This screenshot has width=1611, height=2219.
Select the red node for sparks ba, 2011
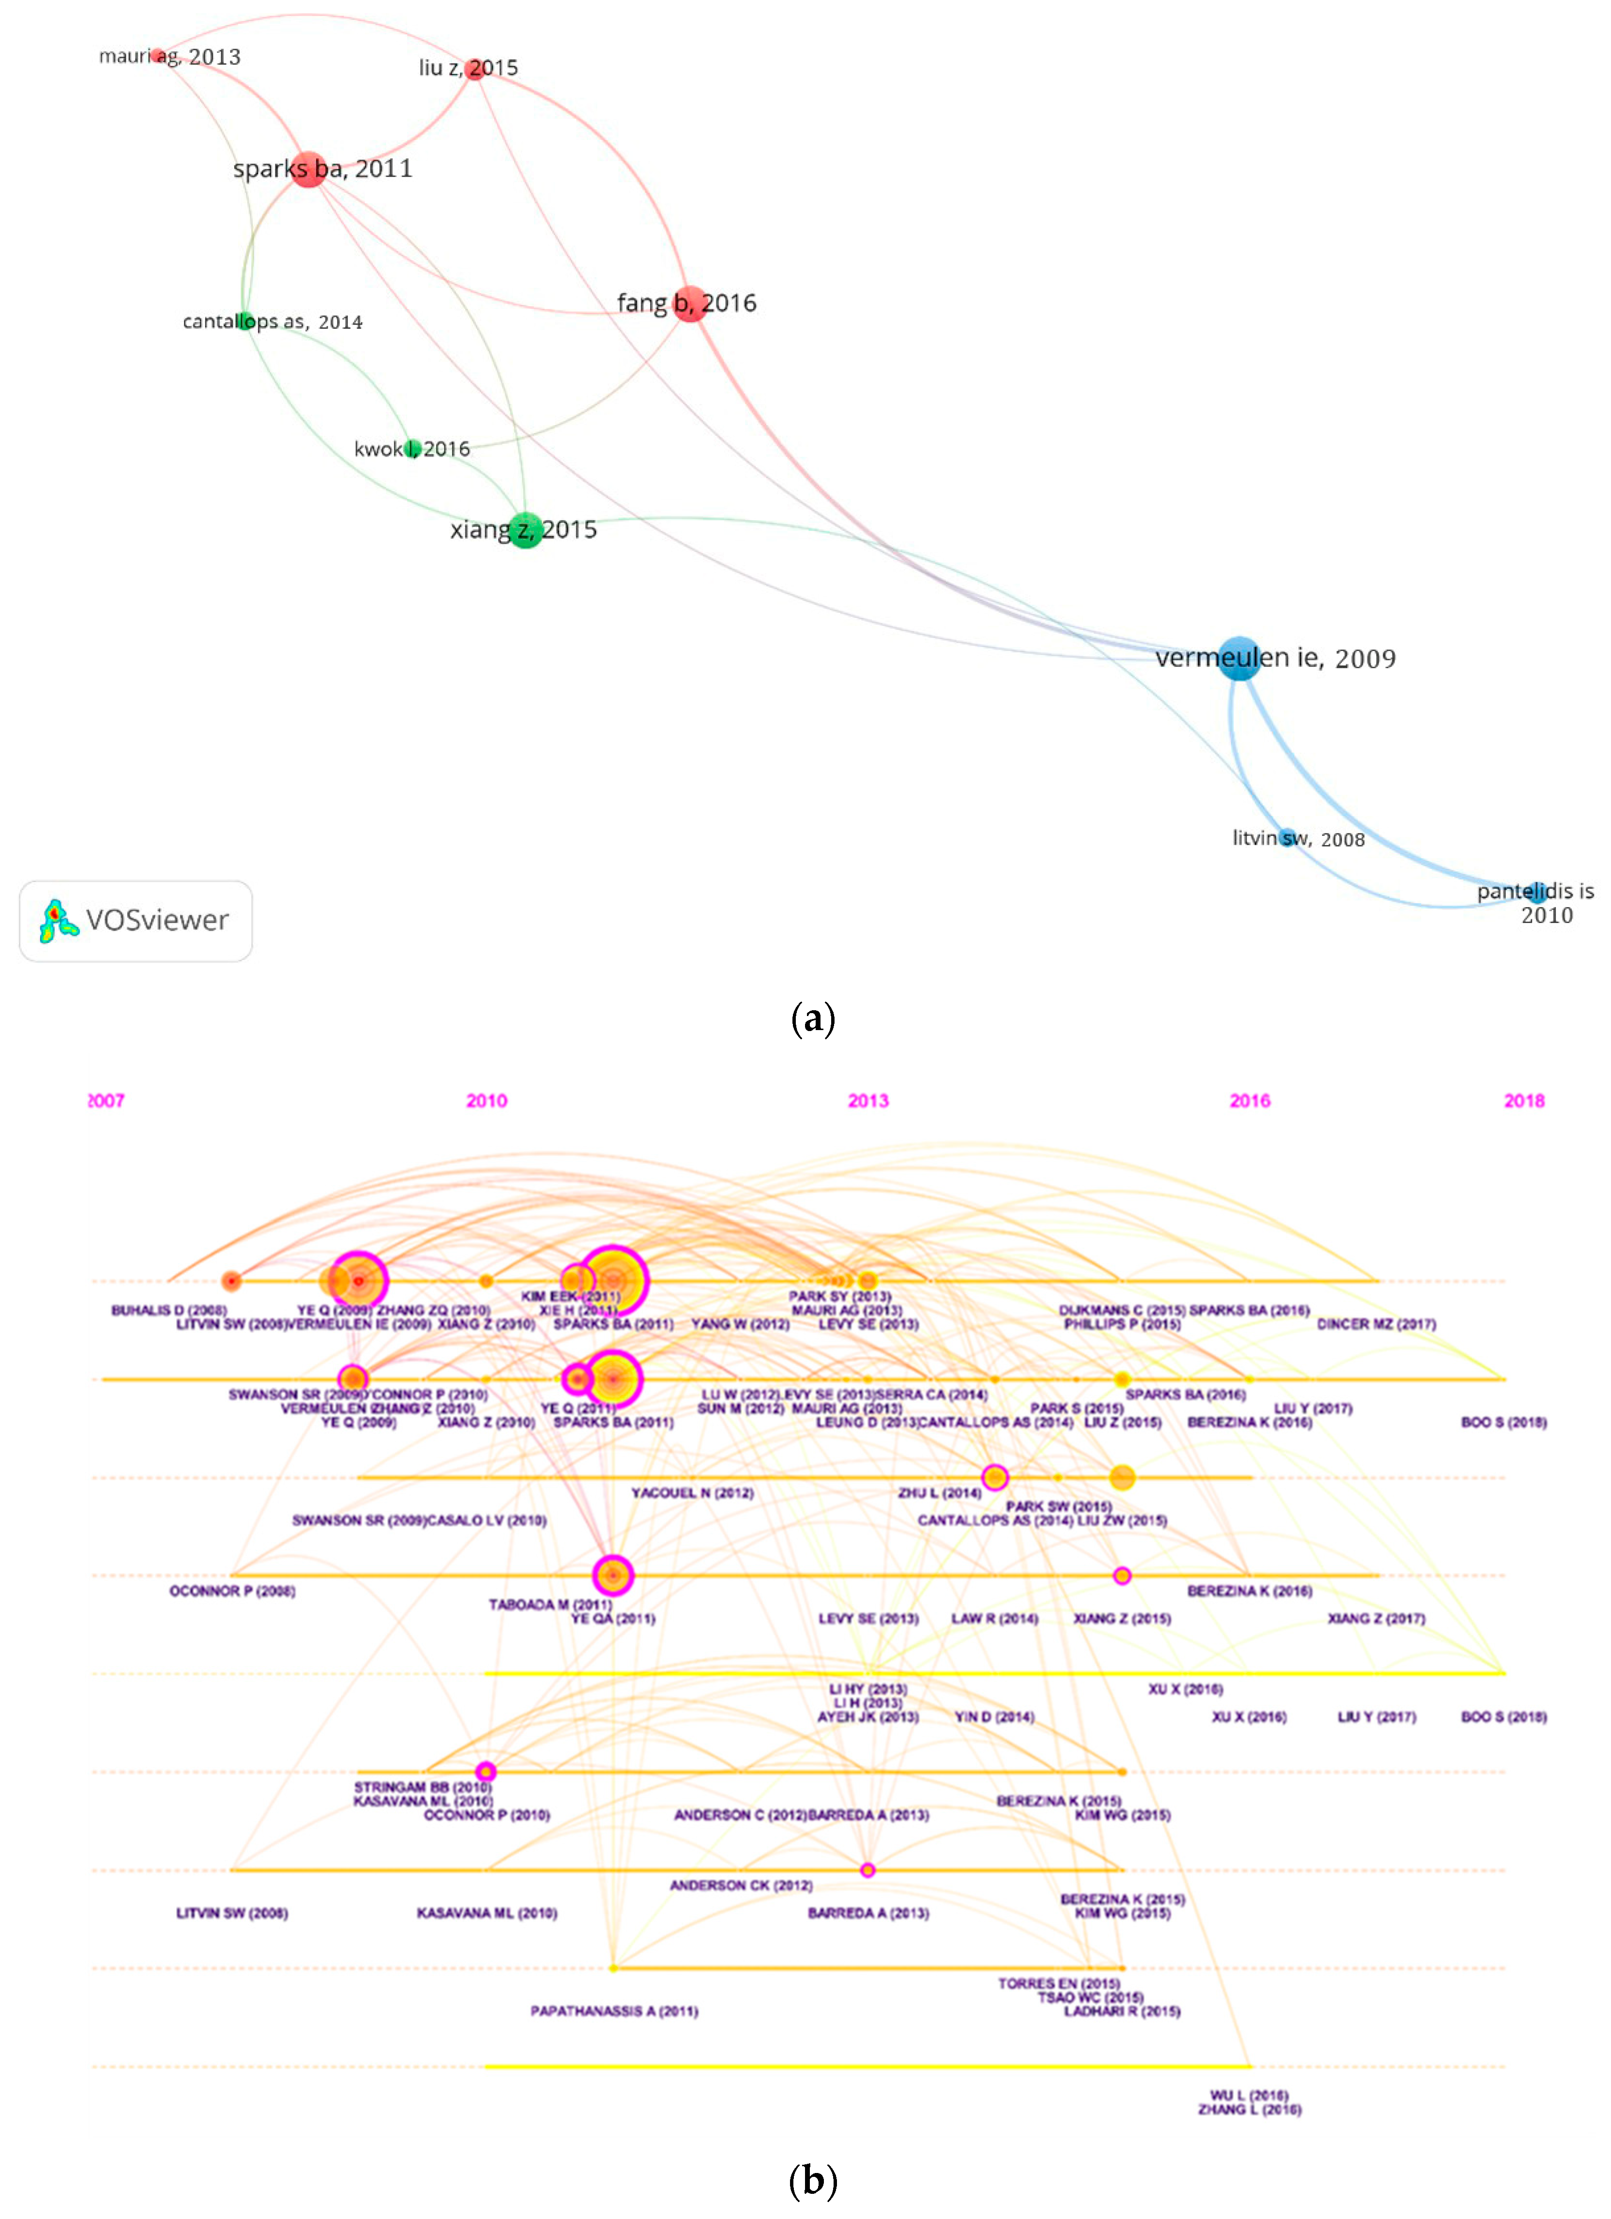(x=308, y=170)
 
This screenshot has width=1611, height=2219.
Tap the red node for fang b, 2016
(x=690, y=304)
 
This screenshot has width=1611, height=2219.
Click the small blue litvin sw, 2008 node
(x=1289, y=837)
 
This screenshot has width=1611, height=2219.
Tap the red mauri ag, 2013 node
(x=157, y=56)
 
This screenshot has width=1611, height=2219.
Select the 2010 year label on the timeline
(x=486, y=1101)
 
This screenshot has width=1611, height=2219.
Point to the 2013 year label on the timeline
(x=867, y=1101)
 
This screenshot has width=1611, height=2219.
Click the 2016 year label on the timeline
(x=1249, y=1101)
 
